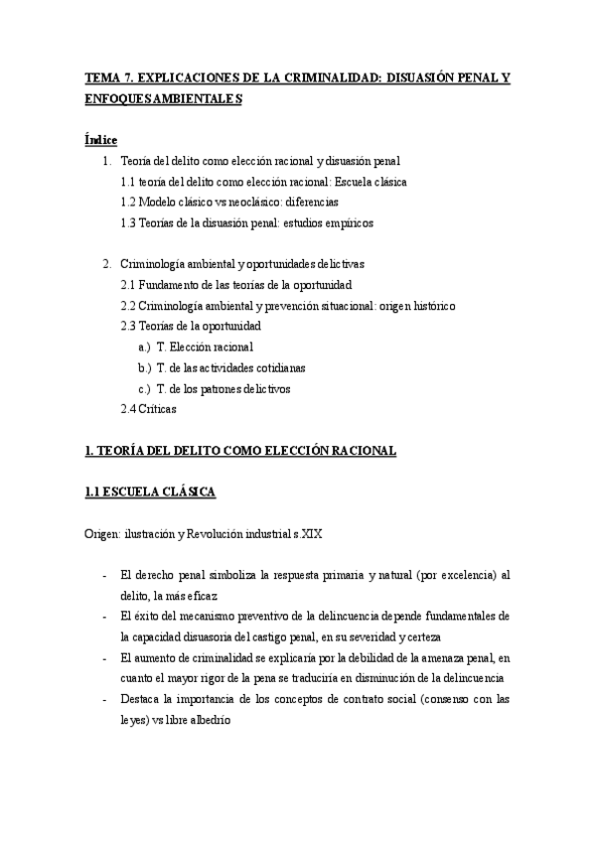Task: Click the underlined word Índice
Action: [100, 140]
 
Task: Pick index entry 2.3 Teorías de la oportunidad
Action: [190, 327]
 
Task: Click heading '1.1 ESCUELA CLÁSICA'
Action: [150, 491]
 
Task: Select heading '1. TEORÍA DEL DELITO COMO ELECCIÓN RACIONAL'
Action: [240, 451]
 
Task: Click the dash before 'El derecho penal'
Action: [105, 575]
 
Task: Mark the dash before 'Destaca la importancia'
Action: [105, 699]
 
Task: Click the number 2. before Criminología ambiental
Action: [108, 264]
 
